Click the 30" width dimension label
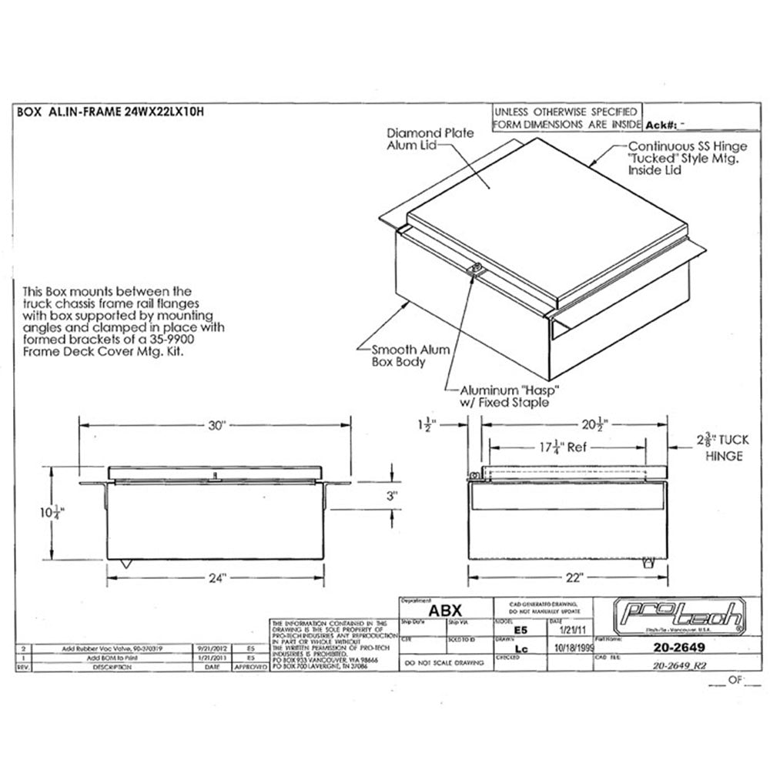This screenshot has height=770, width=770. pos(217,426)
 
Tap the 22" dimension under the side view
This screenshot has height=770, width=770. pos(570,576)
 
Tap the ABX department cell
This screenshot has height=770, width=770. pos(444,609)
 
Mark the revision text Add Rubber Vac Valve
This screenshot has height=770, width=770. pos(101,649)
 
